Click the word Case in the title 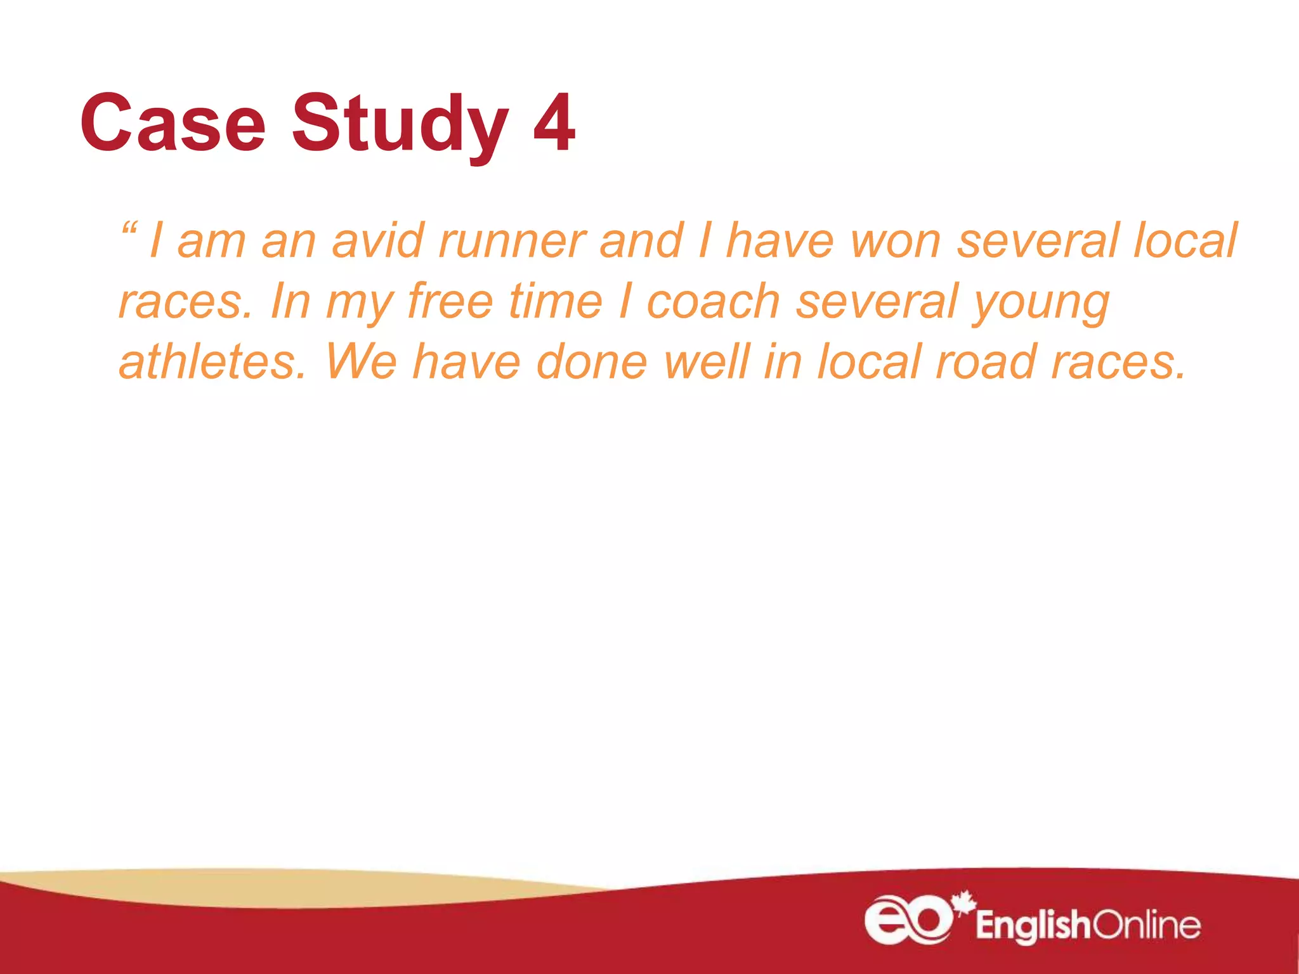[x=173, y=124]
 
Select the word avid [x=378, y=241]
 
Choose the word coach [x=713, y=301]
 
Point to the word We [x=361, y=361]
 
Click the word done [x=591, y=361]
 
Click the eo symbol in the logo [x=908, y=919]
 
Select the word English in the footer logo [x=1033, y=926]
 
